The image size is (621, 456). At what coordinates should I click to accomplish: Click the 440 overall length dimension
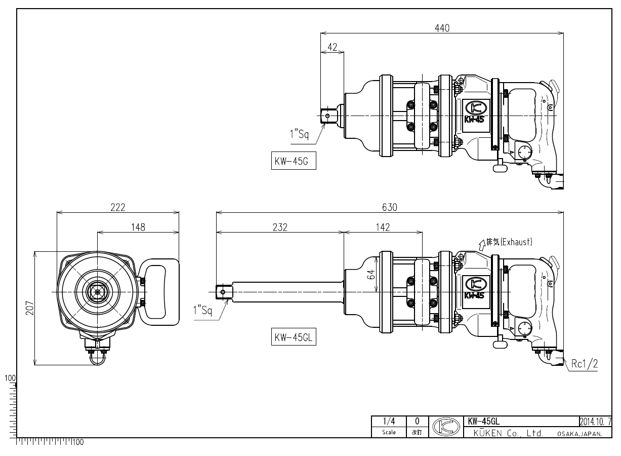[x=442, y=28]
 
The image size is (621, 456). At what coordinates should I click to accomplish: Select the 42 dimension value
[x=332, y=47]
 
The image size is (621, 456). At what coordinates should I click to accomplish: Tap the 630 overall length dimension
[x=390, y=207]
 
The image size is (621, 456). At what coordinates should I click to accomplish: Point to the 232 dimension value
[x=280, y=227]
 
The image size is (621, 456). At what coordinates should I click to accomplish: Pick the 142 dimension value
[x=383, y=227]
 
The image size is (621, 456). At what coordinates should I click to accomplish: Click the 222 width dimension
[x=118, y=207]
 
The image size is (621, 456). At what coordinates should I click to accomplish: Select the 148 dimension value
[x=138, y=227]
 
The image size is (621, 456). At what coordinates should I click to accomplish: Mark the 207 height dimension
[x=30, y=308]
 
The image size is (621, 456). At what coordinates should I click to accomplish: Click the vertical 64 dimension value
[x=372, y=275]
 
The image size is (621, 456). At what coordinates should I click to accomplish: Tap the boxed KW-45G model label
[x=294, y=161]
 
